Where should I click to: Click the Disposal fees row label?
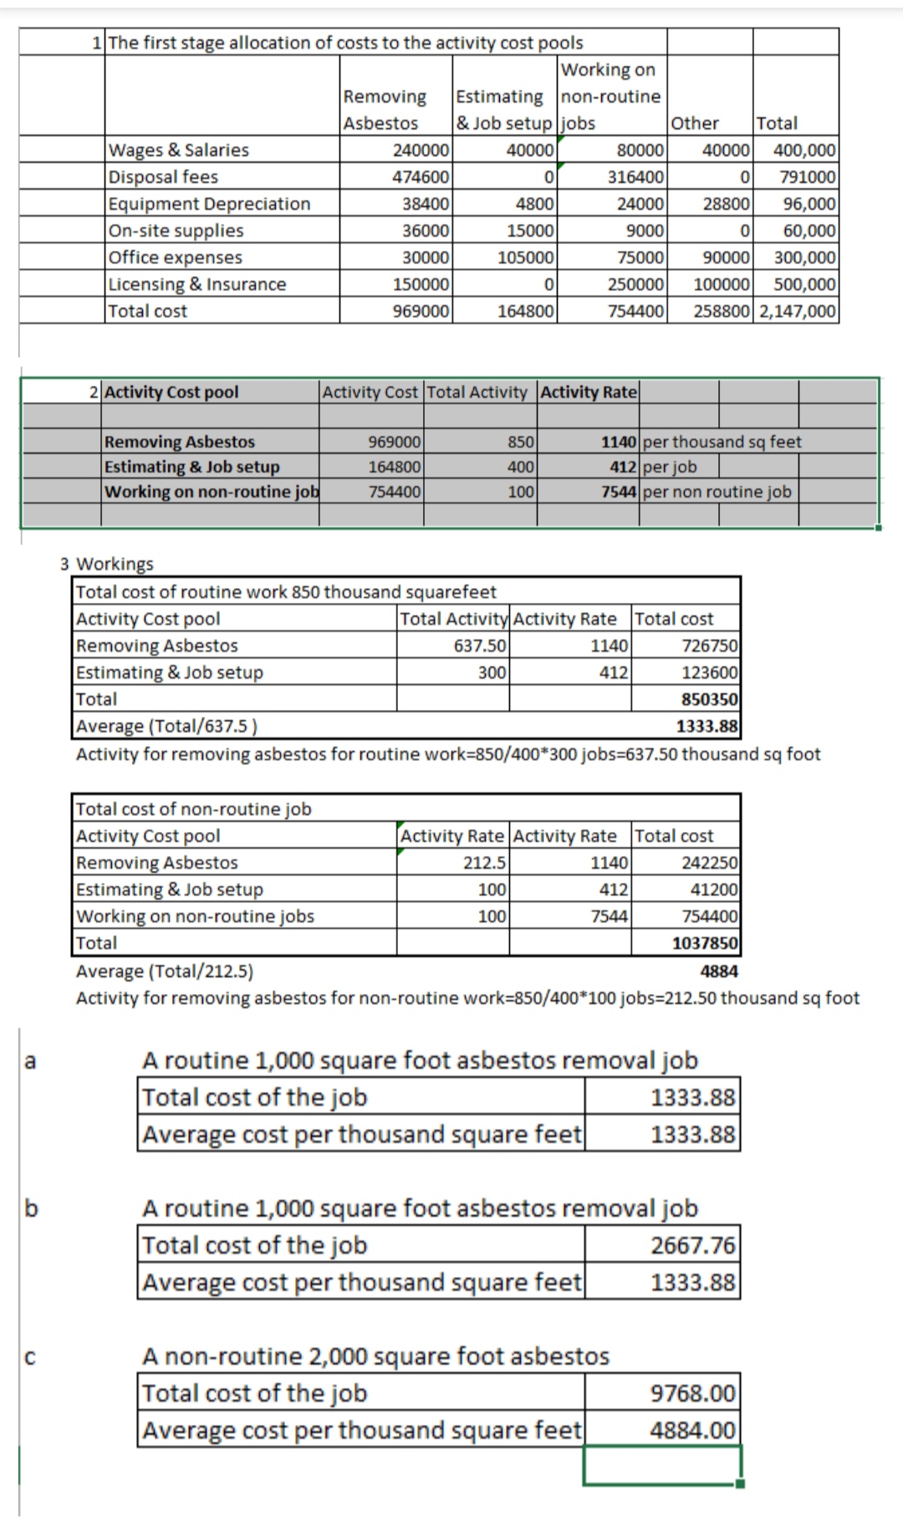click(x=163, y=177)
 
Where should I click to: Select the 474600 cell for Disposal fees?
click(x=421, y=177)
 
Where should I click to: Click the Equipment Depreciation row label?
click(x=209, y=204)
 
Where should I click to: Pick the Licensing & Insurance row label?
click(x=197, y=284)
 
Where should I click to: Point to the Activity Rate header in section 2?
click(x=589, y=392)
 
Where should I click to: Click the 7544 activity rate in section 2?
click(x=620, y=492)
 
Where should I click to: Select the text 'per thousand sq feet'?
click(x=722, y=441)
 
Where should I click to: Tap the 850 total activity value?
click(x=522, y=441)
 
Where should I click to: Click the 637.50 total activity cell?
click(x=480, y=646)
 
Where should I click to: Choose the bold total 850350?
click(x=710, y=699)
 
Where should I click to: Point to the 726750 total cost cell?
click(x=710, y=646)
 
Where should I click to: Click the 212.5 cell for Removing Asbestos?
click(x=485, y=862)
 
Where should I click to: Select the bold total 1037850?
click(x=705, y=943)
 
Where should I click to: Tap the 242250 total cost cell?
click(x=710, y=862)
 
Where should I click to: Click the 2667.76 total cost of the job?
click(x=693, y=1245)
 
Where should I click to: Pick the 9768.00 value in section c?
click(x=693, y=1393)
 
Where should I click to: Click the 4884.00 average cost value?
click(x=693, y=1430)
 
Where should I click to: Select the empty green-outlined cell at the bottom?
click(x=662, y=1466)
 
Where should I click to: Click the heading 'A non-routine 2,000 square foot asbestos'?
click(x=375, y=1355)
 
